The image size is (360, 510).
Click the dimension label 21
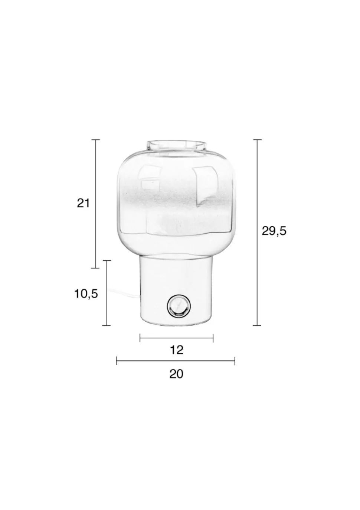pyautogui.click(x=84, y=203)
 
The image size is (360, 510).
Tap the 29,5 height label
pyautogui.click(x=274, y=231)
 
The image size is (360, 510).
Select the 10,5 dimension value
pyautogui.click(x=86, y=294)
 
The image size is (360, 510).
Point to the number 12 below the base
pyautogui.click(x=177, y=350)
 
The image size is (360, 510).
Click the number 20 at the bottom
pyautogui.click(x=176, y=374)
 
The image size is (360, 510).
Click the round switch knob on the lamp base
pyautogui.click(x=179, y=306)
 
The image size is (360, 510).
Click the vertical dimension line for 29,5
pyautogui.click(x=257, y=232)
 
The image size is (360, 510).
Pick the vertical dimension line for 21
pyautogui.click(x=95, y=204)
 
